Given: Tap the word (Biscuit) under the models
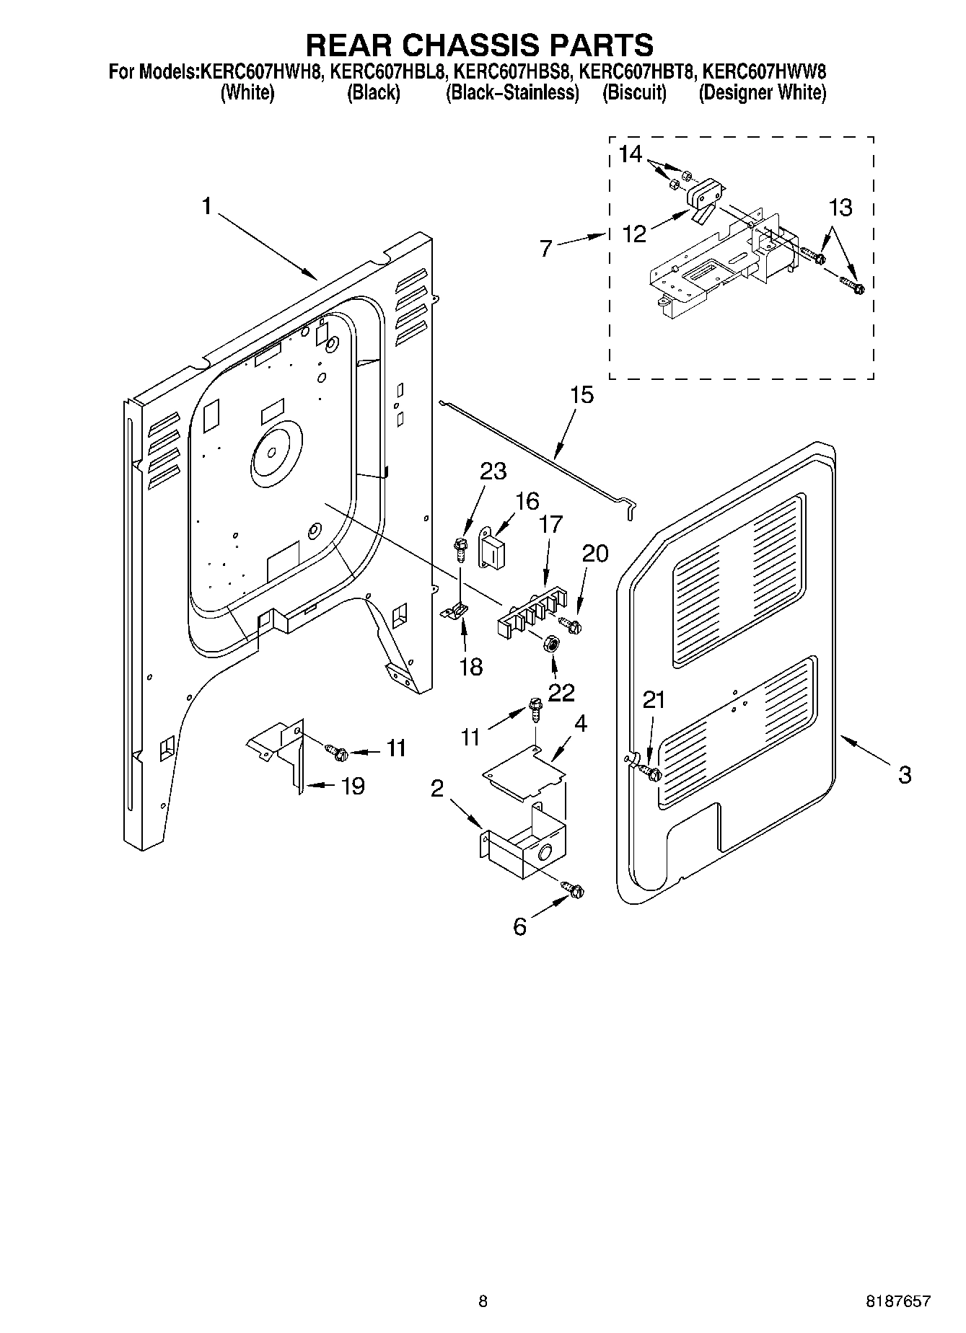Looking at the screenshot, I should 634,93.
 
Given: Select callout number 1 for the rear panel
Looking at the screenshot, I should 206,207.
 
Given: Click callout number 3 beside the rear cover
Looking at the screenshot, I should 904,775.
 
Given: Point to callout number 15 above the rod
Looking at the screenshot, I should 581,395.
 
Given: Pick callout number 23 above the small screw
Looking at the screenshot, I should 493,471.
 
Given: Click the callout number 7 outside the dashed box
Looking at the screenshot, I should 545,249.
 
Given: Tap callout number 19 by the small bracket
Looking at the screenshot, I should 352,786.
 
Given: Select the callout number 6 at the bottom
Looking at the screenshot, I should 519,926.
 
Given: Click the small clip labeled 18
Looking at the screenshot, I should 455,611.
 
